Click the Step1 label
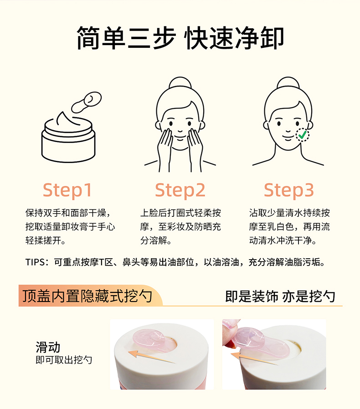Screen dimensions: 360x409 tap(67, 190)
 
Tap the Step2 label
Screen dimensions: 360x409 tap(180, 190)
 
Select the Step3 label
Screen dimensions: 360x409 tap(289, 190)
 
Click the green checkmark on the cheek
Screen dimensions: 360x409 tap(302, 135)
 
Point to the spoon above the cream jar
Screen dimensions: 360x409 tap(86, 102)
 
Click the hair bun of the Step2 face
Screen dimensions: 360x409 tap(180, 82)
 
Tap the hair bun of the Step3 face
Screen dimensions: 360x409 tap(288, 82)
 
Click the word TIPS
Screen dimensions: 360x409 tap(35, 262)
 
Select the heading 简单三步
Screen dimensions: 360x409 tap(126, 38)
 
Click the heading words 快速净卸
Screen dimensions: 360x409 tap(234, 38)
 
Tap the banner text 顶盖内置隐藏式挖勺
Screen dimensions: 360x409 tap(87, 296)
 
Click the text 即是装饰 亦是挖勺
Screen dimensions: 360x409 tap(280, 297)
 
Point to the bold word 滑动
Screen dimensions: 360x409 tap(48, 348)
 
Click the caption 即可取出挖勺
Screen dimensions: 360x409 tap(64, 360)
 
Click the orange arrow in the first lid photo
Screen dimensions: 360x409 tap(152, 357)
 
